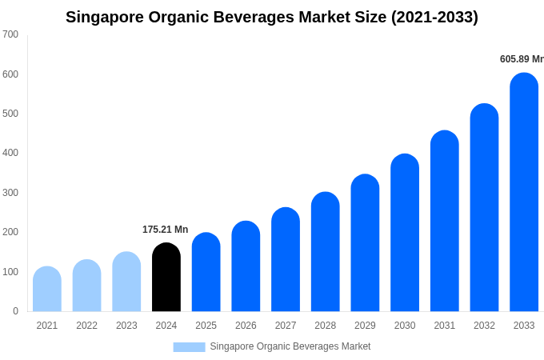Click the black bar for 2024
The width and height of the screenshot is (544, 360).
coord(166,278)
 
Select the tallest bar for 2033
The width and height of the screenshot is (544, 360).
coord(524,192)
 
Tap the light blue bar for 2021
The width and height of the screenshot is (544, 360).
coord(47,289)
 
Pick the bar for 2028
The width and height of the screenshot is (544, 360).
coord(325,252)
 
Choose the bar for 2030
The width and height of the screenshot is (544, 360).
coord(405,233)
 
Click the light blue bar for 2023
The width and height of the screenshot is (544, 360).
coord(126,282)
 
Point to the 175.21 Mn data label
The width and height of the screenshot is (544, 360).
coord(165,230)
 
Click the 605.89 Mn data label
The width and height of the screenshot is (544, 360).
coord(522,59)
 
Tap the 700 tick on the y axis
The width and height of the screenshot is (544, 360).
coord(10,34)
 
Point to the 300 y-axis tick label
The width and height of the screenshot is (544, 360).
coord(10,193)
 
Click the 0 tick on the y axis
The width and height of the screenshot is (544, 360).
coord(15,311)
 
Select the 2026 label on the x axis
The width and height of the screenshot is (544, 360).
coord(246,326)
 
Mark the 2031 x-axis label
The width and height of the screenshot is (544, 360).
coord(444,326)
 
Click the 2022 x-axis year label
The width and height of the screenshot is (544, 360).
coord(86,326)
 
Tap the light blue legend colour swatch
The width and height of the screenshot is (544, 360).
coord(189,347)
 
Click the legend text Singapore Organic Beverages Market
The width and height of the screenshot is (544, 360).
coord(290,346)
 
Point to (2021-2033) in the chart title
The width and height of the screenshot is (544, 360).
coord(434,17)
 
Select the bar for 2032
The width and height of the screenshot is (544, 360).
coord(484,208)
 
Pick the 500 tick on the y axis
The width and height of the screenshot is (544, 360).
coord(10,114)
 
